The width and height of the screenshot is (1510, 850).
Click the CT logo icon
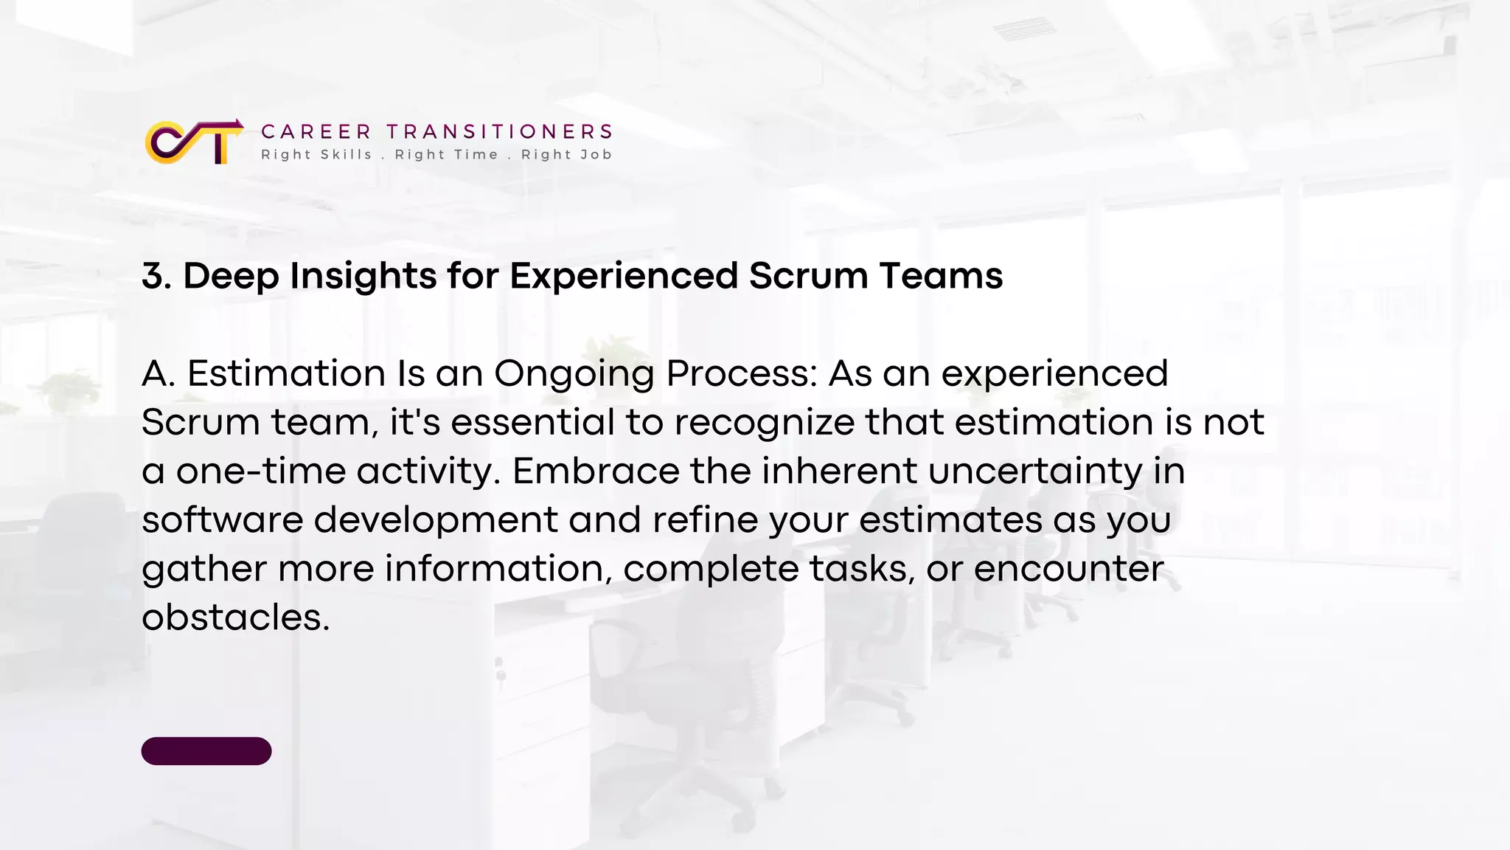[x=194, y=142]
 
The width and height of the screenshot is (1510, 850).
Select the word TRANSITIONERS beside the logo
[x=500, y=131]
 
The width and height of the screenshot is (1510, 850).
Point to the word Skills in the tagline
[x=347, y=154]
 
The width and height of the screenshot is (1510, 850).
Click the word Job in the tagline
[x=596, y=154]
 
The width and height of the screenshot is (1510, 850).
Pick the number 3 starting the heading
[x=152, y=276]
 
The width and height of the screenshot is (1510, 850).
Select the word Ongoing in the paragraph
[x=574, y=374]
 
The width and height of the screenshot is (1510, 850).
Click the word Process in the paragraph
[x=742, y=373]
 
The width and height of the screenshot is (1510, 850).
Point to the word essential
[x=532, y=422]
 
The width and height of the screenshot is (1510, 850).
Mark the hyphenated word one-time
[x=260, y=471]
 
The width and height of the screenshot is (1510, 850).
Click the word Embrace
[x=596, y=471]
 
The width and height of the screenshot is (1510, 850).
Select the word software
[x=222, y=519]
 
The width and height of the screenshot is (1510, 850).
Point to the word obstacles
[x=235, y=617]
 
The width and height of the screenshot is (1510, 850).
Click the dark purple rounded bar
[x=206, y=750]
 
